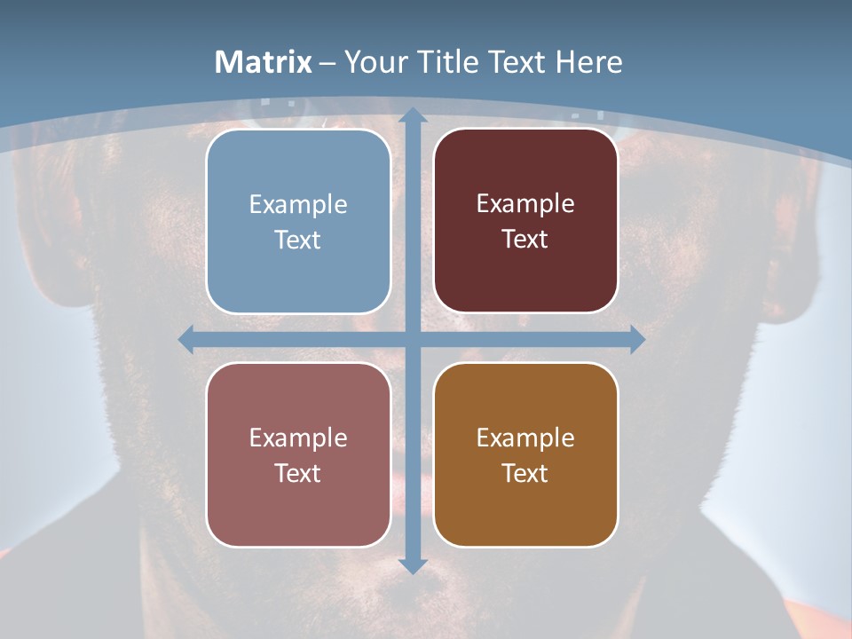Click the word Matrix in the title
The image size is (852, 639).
click(x=264, y=62)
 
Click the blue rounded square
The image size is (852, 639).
click(x=298, y=221)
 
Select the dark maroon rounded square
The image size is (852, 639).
click(x=525, y=221)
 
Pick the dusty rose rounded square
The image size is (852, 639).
click(x=298, y=454)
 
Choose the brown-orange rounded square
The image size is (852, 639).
click(x=525, y=454)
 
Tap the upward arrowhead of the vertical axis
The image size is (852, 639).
click(x=412, y=115)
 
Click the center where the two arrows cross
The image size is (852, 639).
click(x=412, y=339)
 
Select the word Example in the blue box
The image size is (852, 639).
click(x=298, y=204)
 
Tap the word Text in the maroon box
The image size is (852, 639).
click(x=525, y=240)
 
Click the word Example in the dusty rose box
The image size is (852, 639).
click(x=298, y=438)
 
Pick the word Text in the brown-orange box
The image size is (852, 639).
click(x=525, y=473)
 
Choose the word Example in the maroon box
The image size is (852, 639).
click(x=525, y=204)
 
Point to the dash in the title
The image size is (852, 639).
click(x=327, y=63)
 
